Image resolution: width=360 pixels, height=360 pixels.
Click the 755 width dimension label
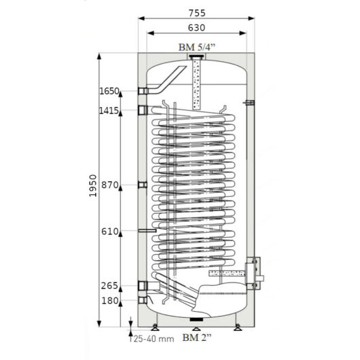[197, 13]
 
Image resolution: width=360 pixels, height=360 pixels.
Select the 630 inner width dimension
[196, 28]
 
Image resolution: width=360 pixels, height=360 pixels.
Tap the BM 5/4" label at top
[197, 48]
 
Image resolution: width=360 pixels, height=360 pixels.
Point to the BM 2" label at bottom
[197, 338]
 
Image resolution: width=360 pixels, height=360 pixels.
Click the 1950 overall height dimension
[93, 185]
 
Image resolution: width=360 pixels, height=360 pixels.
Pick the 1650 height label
[109, 91]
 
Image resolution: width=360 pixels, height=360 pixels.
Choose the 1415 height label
[109, 111]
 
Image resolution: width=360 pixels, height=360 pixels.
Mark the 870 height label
[110, 185]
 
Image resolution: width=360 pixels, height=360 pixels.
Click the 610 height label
[110, 232]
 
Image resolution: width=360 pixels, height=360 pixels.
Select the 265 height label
[109, 286]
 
